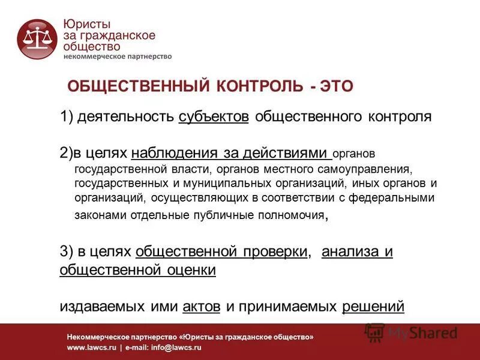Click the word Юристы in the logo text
coord(86,25)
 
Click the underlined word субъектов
coord(214,116)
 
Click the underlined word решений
coord(373,307)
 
